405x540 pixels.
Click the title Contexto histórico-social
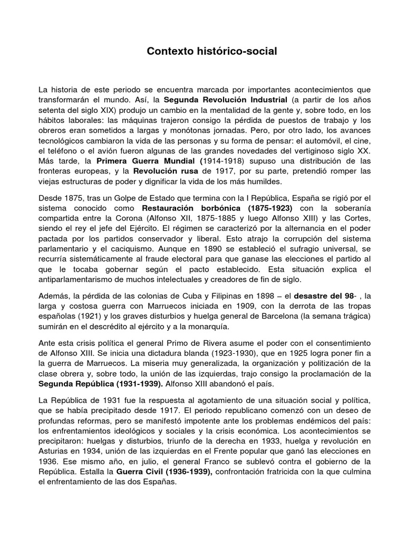[x=211, y=52]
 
